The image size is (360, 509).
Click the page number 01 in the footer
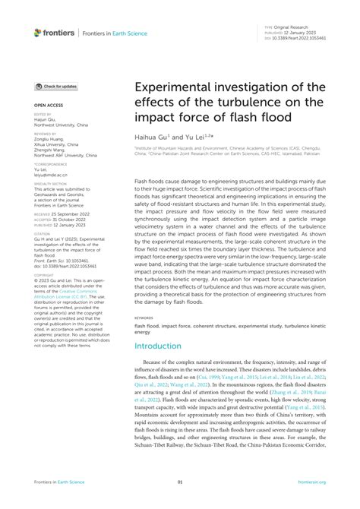click(x=180, y=482)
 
